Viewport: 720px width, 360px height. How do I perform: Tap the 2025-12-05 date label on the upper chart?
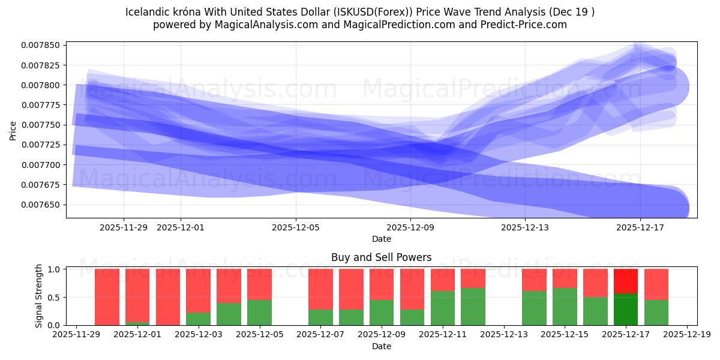pos(296,227)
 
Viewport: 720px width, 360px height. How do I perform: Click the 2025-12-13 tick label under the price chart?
pos(525,227)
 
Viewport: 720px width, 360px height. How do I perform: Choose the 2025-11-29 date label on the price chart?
pos(124,227)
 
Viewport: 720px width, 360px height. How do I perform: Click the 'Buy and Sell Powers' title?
pos(381,257)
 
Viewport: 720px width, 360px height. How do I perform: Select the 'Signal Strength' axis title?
pos(39,296)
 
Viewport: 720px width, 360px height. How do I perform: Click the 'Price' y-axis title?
pos(13,130)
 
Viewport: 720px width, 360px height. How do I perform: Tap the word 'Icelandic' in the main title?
pos(147,12)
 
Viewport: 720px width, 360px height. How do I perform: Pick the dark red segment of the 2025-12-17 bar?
pos(626,280)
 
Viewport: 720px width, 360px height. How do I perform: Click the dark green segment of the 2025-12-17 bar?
pos(626,310)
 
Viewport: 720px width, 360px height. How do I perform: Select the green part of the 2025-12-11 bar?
pos(443,308)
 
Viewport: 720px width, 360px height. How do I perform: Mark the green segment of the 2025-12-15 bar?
pos(565,307)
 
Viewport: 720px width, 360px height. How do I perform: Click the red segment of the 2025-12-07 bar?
pos(320,289)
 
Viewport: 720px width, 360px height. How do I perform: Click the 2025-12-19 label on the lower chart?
pos(687,335)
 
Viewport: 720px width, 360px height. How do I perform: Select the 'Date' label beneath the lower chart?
pos(381,346)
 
